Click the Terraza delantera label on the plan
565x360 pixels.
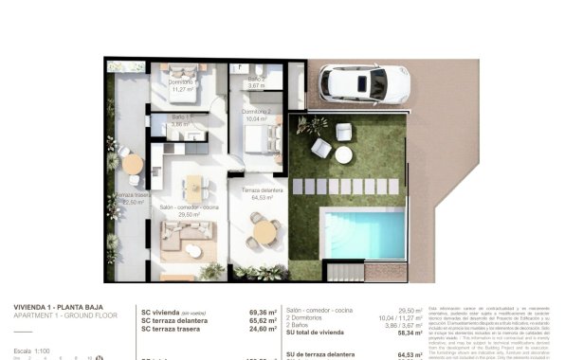262,193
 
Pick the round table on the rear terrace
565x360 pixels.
132,163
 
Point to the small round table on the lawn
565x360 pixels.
342,153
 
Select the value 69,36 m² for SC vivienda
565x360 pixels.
262,312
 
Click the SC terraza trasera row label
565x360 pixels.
179,329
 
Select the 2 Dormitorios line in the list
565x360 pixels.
309,318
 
